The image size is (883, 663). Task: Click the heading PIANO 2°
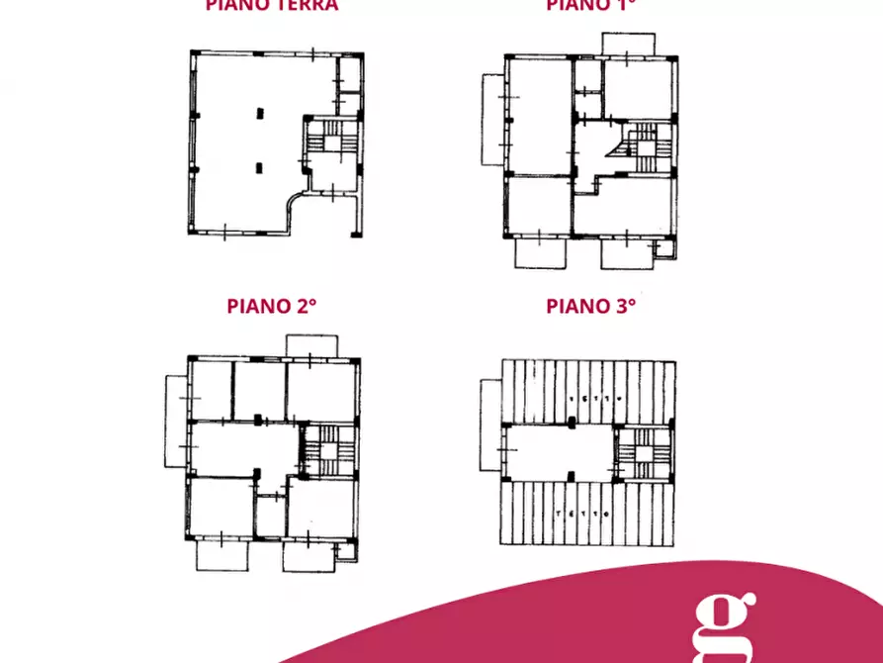pos(272,306)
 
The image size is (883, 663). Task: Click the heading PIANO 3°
pos(590,306)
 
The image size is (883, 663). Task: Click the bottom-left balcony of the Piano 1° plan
pos(541,252)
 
